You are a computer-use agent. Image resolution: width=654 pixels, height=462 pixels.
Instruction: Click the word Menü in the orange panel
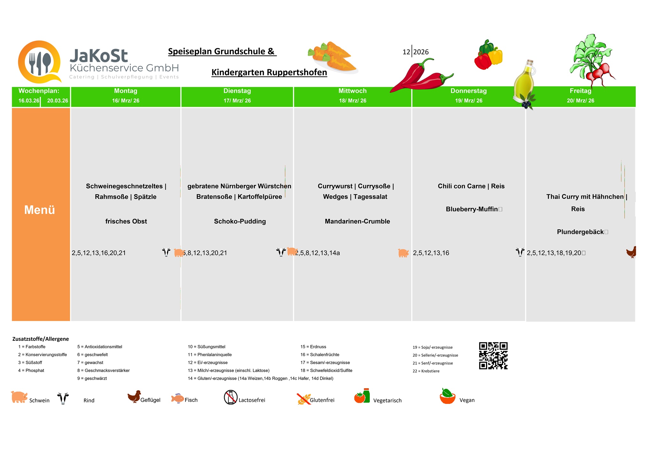(x=40, y=210)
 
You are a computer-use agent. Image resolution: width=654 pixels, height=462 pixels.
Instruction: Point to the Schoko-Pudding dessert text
(x=240, y=221)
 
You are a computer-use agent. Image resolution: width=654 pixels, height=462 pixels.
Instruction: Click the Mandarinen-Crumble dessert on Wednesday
(x=357, y=221)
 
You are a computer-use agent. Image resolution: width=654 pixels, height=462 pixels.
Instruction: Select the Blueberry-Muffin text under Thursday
(x=472, y=209)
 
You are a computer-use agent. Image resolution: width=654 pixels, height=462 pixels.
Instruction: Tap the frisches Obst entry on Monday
(x=126, y=221)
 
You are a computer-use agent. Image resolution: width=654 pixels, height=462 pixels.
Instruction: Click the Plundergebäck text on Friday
(x=580, y=232)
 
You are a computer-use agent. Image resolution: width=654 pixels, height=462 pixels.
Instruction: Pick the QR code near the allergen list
(x=493, y=356)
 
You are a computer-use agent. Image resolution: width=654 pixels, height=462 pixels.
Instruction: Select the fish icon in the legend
(x=178, y=398)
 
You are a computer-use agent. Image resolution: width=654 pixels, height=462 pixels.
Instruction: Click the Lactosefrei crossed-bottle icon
(x=231, y=398)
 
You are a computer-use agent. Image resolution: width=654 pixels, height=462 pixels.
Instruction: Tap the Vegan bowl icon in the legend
(x=448, y=397)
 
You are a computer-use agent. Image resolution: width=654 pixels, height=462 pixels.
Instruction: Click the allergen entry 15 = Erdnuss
(x=313, y=347)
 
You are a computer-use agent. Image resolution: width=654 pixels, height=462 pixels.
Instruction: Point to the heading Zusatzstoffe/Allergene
(x=41, y=339)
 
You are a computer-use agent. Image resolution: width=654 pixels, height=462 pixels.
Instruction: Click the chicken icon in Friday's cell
(x=631, y=252)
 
